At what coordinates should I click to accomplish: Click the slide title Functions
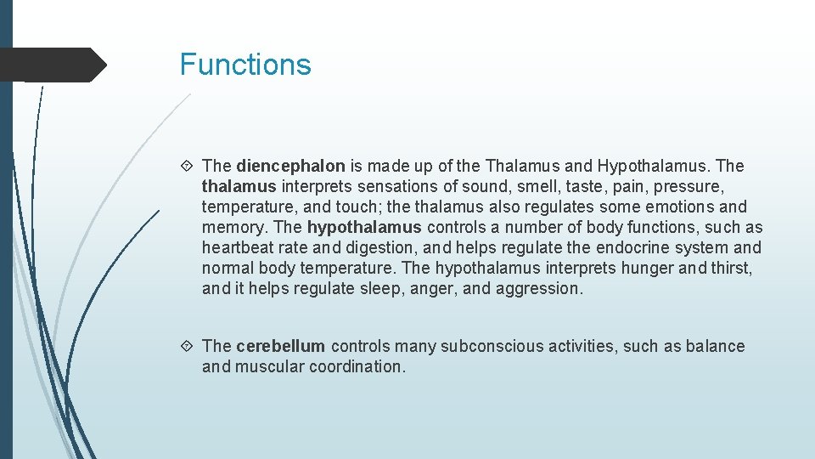click(245, 65)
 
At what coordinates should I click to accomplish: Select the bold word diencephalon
click(290, 166)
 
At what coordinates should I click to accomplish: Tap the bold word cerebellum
click(280, 346)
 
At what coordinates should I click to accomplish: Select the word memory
click(233, 227)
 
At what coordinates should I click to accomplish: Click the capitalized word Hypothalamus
click(653, 166)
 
